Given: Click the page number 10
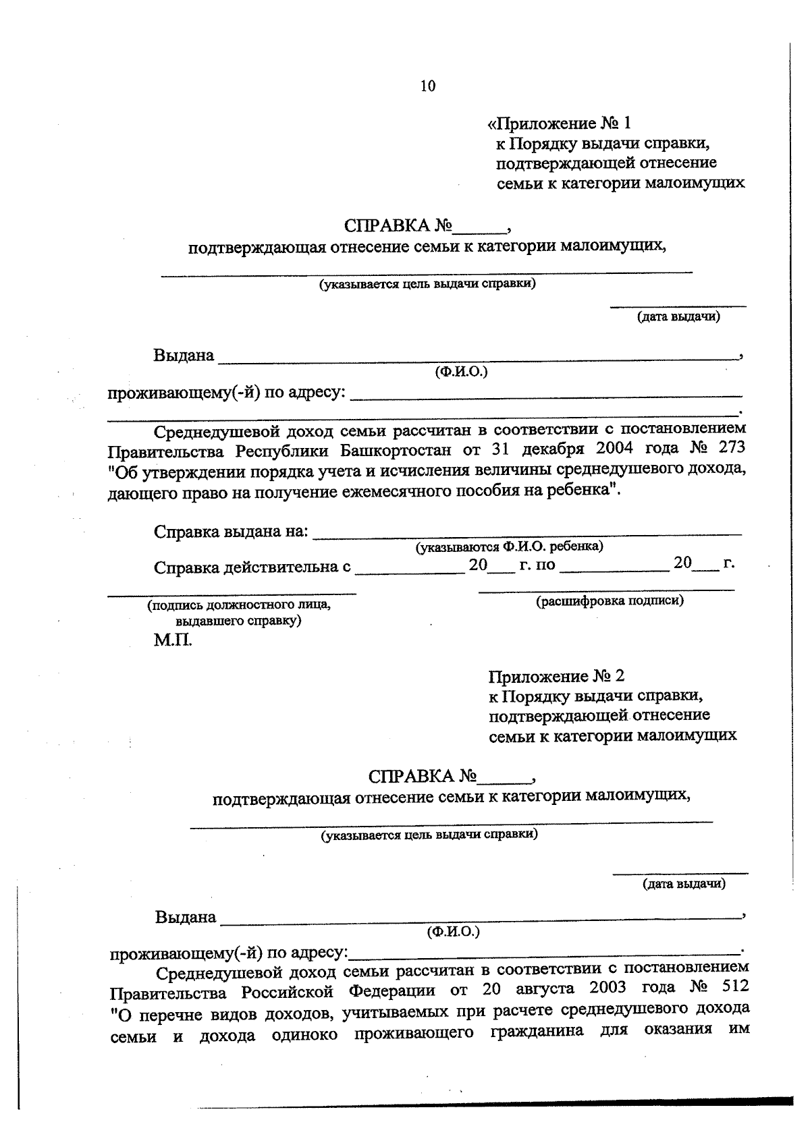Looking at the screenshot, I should pyautogui.click(x=427, y=86).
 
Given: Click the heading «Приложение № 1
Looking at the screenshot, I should pyautogui.click(x=559, y=123).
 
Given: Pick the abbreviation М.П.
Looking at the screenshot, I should pyautogui.click(x=173, y=640).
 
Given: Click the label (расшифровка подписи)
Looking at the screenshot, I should pyautogui.click(x=610, y=600).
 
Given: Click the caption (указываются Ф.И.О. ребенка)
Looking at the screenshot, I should pyautogui.click(x=510, y=546).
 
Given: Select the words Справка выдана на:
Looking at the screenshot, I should pyautogui.click(x=232, y=532).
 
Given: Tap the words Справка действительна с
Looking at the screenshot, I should pyautogui.click(x=252, y=567).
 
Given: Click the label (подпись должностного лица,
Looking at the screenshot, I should pyautogui.click(x=239, y=605).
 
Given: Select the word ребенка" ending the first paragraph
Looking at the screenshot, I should pyautogui.click(x=584, y=491).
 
